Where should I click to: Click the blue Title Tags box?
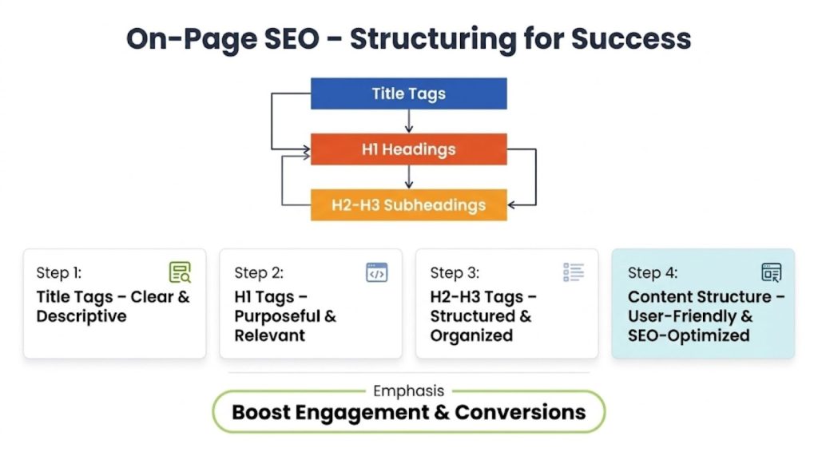click(x=408, y=93)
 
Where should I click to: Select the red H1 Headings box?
click(x=408, y=149)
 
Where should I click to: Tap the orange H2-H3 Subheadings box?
click(x=408, y=205)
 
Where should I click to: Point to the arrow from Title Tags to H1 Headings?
click(x=409, y=121)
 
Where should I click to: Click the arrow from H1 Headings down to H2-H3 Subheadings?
click(x=409, y=176)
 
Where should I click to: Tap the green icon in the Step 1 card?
click(x=180, y=272)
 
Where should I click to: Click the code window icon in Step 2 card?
click(x=376, y=272)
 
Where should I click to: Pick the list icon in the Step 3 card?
click(x=574, y=272)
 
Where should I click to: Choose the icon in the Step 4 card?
click(x=771, y=272)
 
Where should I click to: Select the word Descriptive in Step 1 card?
click(x=81, y=316)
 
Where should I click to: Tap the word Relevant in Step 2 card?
click(x=269, y=335)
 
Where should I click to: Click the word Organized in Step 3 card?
click(x=471, y=335)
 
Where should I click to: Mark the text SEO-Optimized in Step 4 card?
click(x=689, y=335)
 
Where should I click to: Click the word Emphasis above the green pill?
click(x=408, y=391)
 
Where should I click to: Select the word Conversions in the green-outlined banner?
click(x=520, y=413)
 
